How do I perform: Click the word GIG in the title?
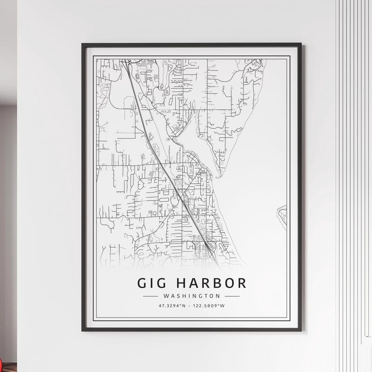point(150,283)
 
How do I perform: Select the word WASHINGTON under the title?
point(191,296)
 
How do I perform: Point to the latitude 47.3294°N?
point(172,306)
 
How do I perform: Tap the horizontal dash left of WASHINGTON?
point(150,296)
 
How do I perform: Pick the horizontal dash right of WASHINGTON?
point(232,296)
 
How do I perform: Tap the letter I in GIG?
point(151,283)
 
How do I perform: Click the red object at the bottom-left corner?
point(2,361)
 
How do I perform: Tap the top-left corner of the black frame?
point(82,44)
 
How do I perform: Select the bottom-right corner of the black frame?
point(301,331)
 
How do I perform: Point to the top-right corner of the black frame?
point(301,44)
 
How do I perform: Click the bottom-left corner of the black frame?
point(82,331)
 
